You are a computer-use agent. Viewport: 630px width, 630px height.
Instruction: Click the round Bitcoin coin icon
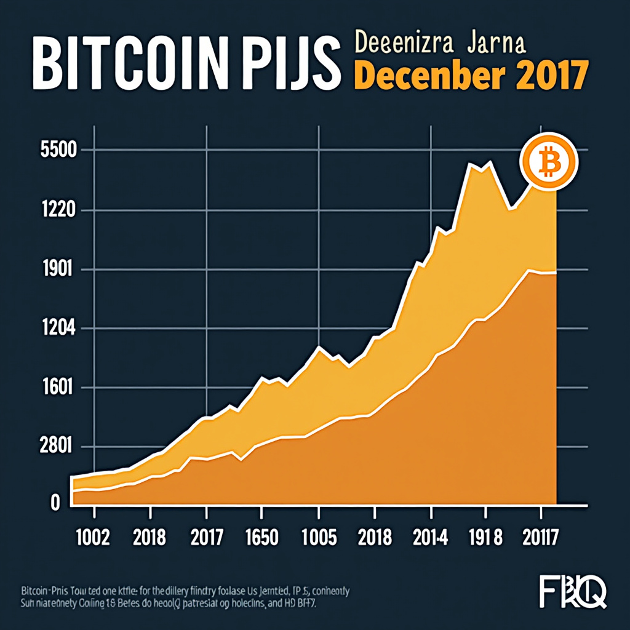click(x=549, y=161)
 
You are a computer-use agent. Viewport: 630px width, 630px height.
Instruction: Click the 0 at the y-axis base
click(x=55, y=503)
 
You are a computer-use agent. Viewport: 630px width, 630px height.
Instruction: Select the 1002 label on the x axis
click(x=92, y=538)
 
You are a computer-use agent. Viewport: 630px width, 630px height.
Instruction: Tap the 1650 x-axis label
click(x=261, y=538)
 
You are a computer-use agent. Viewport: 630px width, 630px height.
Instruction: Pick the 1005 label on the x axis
click(x=317, y=538)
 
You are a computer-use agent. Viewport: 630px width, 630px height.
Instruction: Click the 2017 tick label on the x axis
click(x=206, y=538)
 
